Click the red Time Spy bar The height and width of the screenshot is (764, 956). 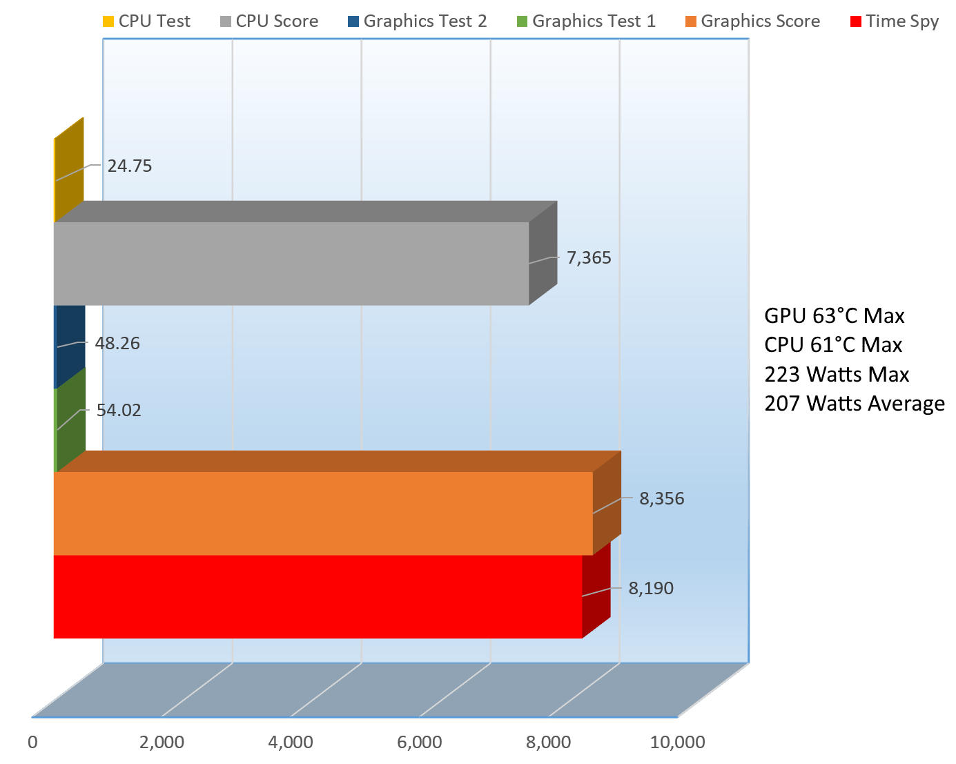coord(318,596)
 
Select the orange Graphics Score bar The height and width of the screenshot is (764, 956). coord(323,513)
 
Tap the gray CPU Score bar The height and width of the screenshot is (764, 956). coord(291,263)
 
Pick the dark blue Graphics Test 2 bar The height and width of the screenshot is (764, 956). coord(70,345)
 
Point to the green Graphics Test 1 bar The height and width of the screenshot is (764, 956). coord(70,418)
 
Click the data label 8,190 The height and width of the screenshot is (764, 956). coord(650,589)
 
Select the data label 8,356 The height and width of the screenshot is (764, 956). coord(661,499)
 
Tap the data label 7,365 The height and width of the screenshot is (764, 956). coord(589,258)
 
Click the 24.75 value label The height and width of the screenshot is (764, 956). coord(130,166)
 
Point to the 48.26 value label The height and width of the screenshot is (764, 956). coord(117,343)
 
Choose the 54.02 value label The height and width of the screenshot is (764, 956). coord(119,411)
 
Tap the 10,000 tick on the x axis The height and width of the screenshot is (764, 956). coord(677,743)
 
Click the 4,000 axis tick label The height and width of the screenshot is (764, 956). coord(291,743)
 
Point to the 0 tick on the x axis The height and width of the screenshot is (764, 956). coord(32,743)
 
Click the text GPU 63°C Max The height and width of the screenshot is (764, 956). coord(834,316)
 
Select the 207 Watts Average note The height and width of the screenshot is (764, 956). coord(854,403)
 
